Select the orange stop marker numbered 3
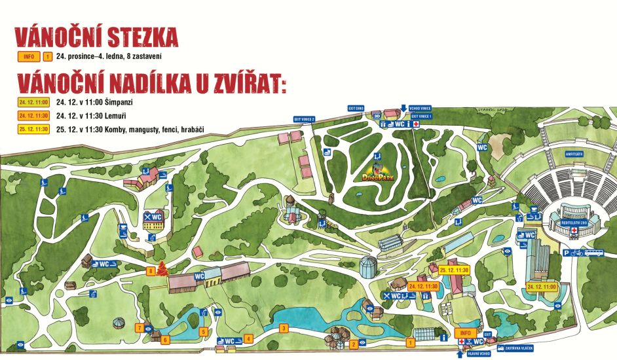click(284, 327)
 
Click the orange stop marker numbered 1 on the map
click(411, 342)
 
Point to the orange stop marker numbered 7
click(139, 327)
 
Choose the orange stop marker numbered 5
click(204, 331)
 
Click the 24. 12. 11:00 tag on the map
click(541, 286)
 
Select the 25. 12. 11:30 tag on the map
click(455, 269)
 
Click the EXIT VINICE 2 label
click(305, 119)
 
